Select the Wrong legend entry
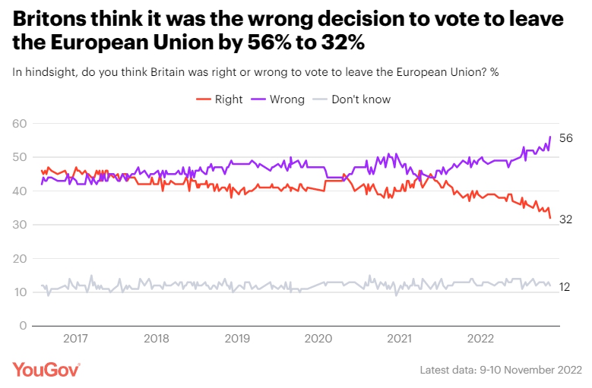[282, 99]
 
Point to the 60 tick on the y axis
[20, 124]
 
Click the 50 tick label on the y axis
[20, 157]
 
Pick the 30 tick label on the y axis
[20, 225]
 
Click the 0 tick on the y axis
[24, 326]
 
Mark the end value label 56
[565, 138]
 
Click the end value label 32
[565, 219]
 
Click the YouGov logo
[46, 370]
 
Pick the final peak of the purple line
[549, 137]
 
